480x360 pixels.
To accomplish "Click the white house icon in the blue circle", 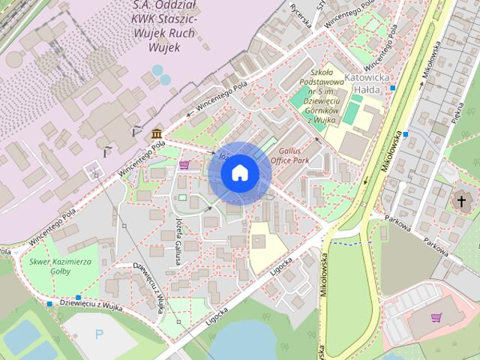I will [239, 173].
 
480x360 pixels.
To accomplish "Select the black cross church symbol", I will [458, 201].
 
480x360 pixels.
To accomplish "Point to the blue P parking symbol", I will [100, 334].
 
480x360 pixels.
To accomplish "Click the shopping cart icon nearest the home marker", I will [184, 165].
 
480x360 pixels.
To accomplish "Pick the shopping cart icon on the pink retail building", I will [436, 317].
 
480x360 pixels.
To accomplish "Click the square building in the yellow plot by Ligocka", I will [257, 241].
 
